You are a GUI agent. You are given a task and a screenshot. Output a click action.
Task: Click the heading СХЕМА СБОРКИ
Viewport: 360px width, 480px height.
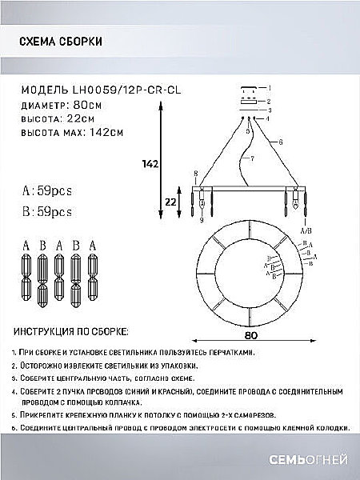pos(54,43)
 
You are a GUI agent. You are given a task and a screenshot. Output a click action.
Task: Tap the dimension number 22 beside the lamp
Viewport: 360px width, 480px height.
pos(170,202)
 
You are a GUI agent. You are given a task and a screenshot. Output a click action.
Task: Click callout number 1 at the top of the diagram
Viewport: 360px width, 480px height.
pos(270,88)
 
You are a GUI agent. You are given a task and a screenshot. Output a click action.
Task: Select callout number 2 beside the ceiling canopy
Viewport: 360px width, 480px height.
pos(270,102)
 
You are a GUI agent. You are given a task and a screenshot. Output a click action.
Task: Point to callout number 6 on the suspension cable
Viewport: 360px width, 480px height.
pos(281,142)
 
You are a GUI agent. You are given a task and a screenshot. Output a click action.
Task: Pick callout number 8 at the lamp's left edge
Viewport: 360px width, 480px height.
pos(194,174)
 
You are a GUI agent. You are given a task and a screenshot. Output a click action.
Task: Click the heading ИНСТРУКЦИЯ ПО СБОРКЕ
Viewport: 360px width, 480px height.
pos(73,330)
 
